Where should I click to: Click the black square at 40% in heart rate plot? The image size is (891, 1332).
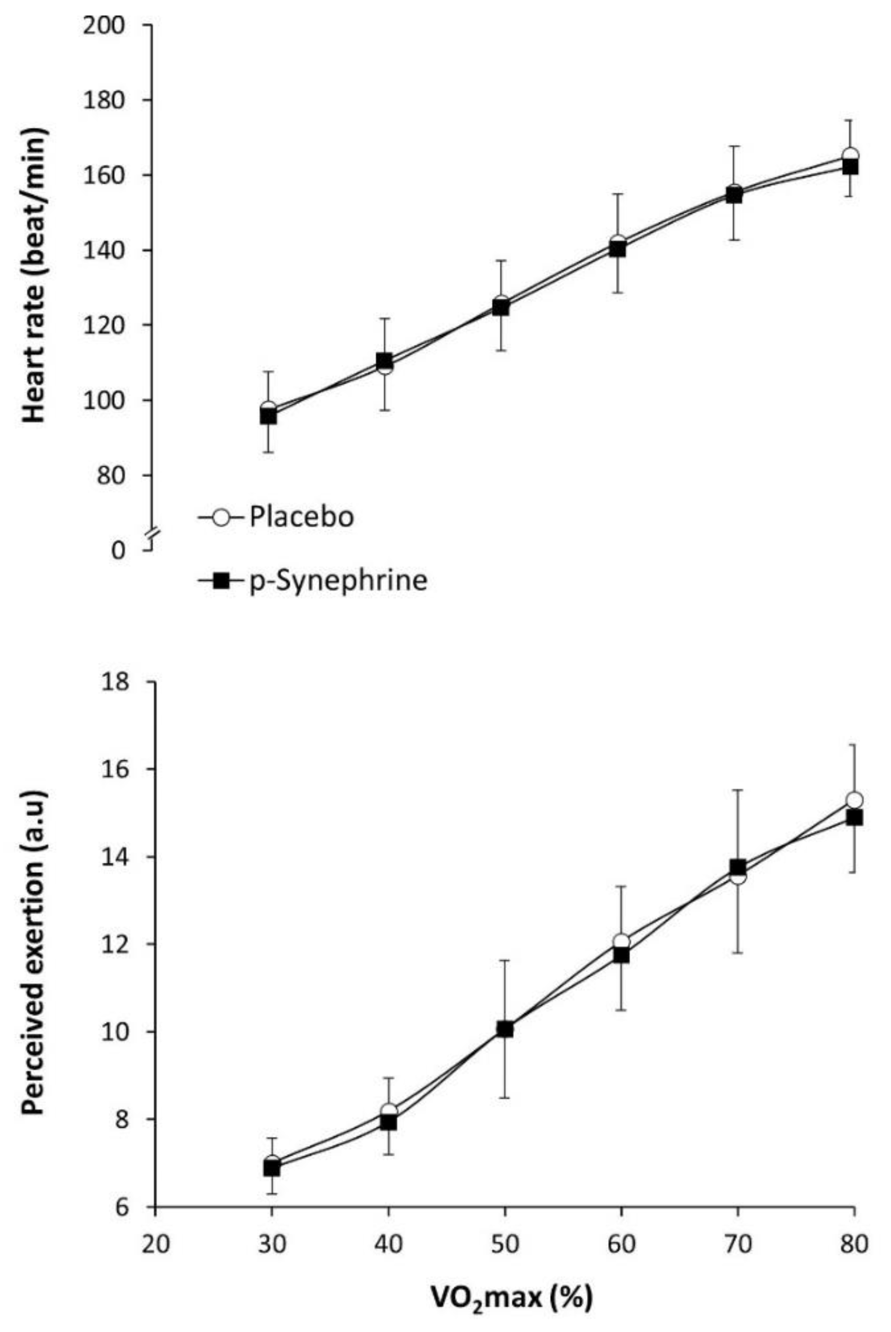385,361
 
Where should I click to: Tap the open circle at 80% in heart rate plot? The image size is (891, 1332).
851,156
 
